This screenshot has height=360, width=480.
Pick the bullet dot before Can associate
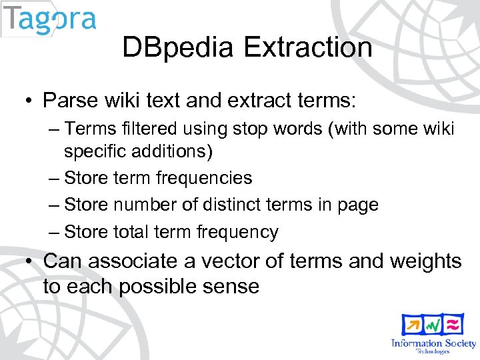[29, 261]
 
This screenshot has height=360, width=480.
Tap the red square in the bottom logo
[454, 324]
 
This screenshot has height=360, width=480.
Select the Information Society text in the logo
[433, 343]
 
